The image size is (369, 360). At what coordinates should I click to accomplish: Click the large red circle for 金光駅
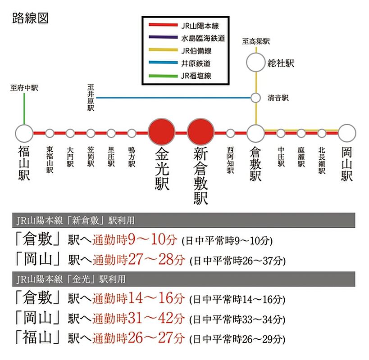coord(161,133)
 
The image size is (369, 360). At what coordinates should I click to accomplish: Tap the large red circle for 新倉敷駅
coord(200,133)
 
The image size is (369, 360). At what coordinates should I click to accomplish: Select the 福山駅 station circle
coord(24,133)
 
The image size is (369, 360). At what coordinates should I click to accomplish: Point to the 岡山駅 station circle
coord(347,133)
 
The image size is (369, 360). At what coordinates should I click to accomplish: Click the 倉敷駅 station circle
coord(256,133)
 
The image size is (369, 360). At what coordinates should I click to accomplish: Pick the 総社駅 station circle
coord(256,63)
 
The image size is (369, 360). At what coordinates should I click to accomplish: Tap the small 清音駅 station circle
coord(256,97)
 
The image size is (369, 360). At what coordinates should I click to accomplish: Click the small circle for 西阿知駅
coord(231,133)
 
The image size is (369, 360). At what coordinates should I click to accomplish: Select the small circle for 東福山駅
coord(50,133)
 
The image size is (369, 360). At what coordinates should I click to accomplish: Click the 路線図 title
coord(31,18)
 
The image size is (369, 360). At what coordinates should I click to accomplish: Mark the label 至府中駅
coord(24,88)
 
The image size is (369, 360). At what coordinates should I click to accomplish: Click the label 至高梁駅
coord(256,41)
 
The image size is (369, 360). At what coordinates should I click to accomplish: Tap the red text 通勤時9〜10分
coord(135,239)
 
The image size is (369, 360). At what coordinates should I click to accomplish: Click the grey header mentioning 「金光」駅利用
coord(184,279)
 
